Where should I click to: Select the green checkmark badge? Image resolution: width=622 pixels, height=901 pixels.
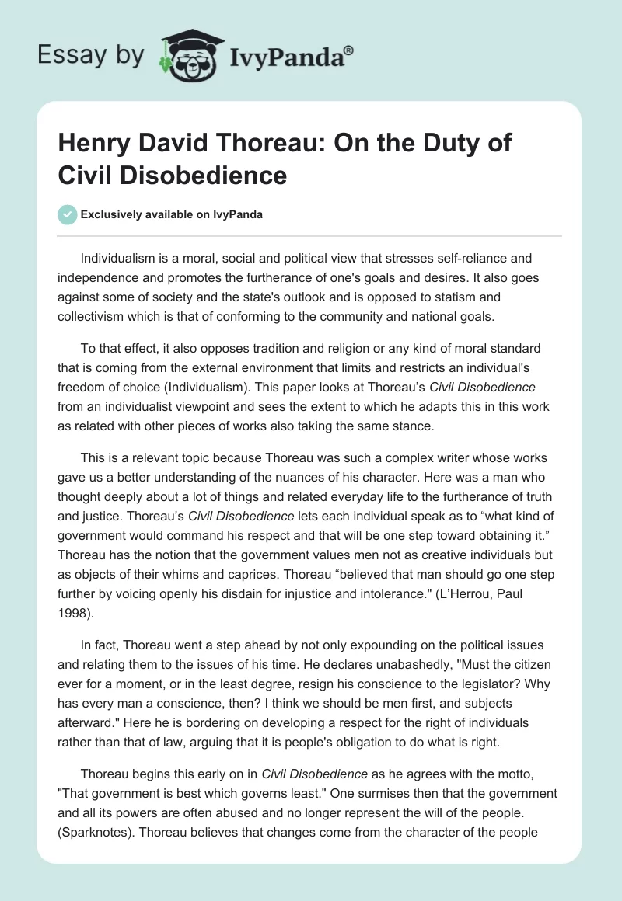pyautogui.click(x=67, y=214)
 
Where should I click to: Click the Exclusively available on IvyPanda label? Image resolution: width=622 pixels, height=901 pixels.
pyautogui.click(x=171, y=214)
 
